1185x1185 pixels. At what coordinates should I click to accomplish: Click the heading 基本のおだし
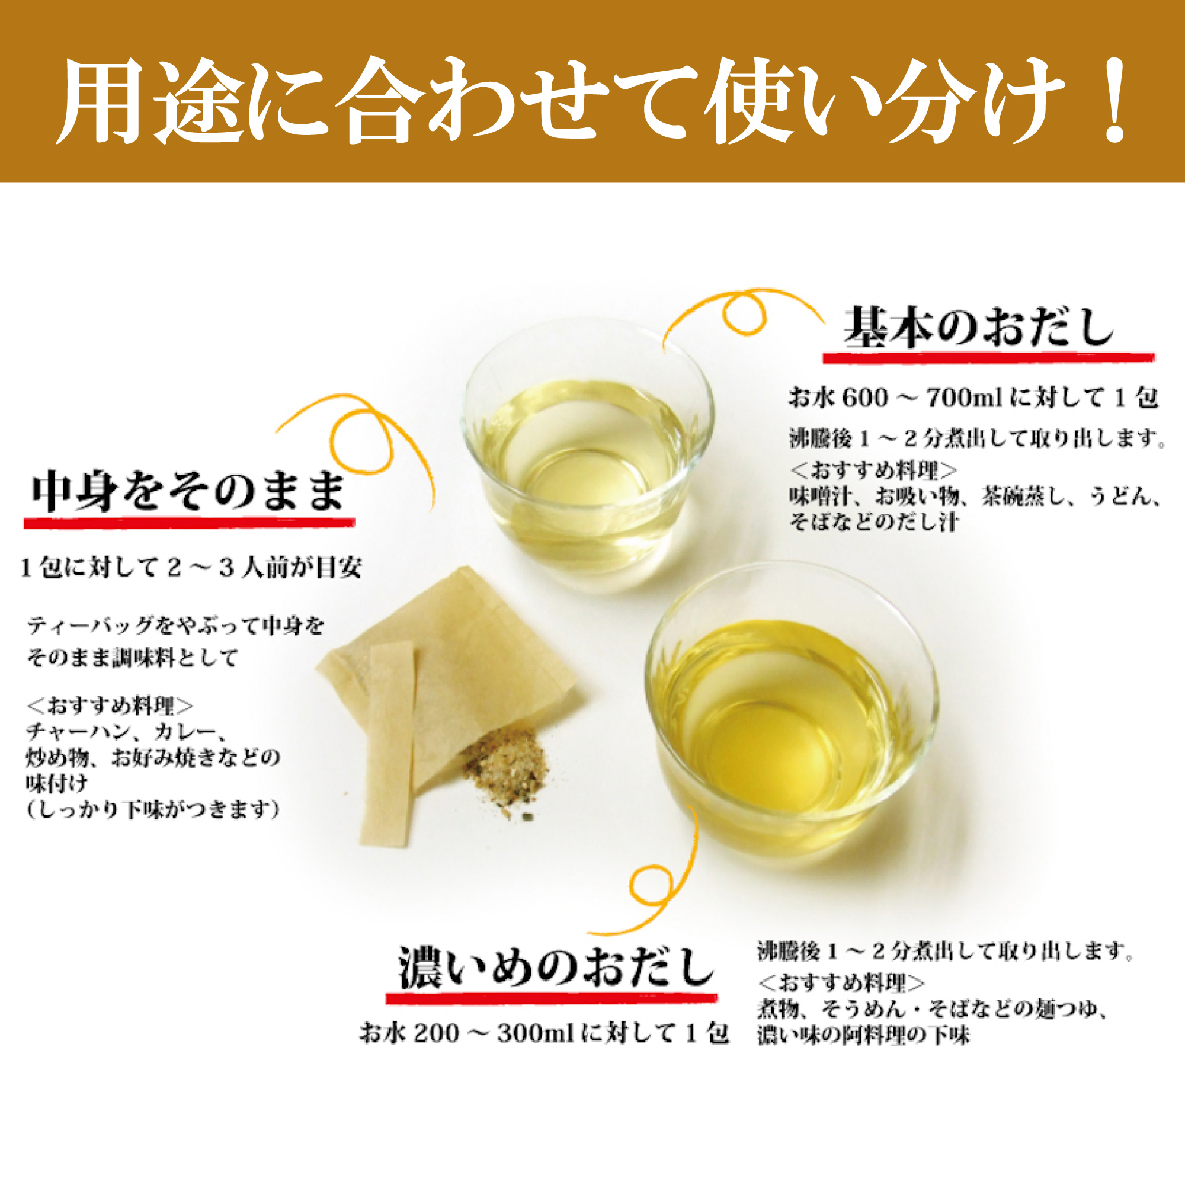tap(979, 328)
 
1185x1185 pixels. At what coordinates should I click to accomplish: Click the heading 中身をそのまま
tap(188, 491)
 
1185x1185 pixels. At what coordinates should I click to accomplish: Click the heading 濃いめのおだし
tap(556, 968)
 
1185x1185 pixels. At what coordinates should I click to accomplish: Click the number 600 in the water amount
tap(865, 399)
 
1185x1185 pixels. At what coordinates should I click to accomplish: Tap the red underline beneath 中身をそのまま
tap(189, 523)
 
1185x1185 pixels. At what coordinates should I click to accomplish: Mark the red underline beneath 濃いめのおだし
tap(551, 998)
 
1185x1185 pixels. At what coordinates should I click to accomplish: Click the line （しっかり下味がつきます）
tap(153, 810)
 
